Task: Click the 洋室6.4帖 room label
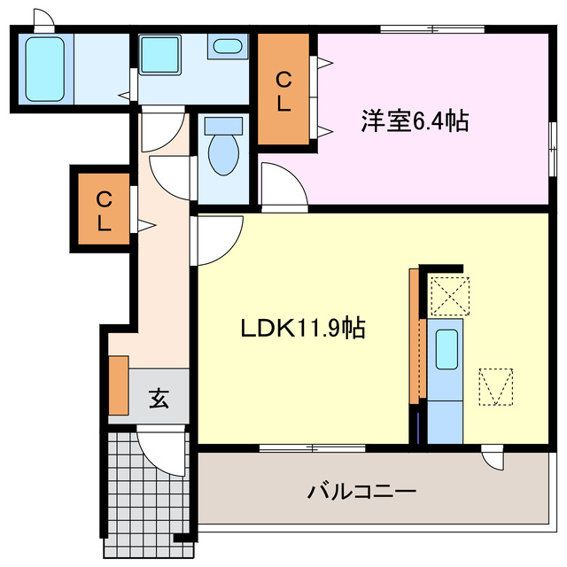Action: pyautogui.click(x=414, y=121)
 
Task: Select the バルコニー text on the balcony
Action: pyautogui.click(x=361, y=490)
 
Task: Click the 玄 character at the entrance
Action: pyautogui.click(x=158, y=399)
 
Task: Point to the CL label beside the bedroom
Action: pyautogui.click(x=283, y=91)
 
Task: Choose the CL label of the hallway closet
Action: pyautogui.click(x=104, y=211)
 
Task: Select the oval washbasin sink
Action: pyautogui.click(x=229, y=47)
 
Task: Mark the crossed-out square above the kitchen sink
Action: pyautogui.click(x=448, y=295)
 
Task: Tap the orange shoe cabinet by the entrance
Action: pyautogui.click(x=119, y=385)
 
